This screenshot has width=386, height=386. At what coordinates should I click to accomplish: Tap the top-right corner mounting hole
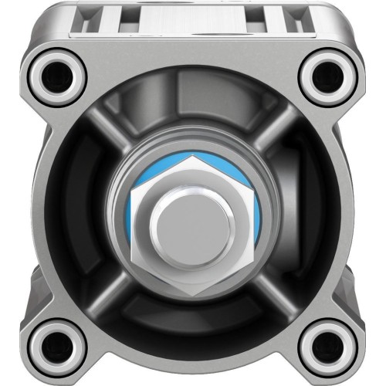tap(327, 74)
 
